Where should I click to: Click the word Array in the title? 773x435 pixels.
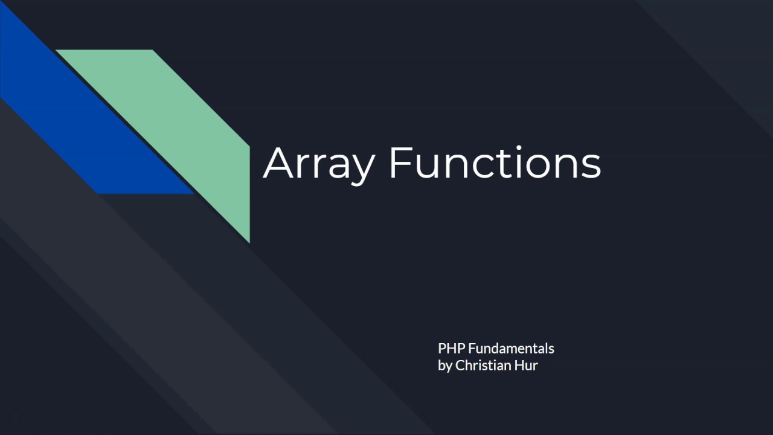pos(319,163)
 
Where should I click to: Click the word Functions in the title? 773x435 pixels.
pos(495,163)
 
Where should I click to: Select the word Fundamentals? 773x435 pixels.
pos(511,349)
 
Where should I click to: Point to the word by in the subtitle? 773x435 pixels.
pos(445,366)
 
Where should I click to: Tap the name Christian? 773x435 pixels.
pos(482,366)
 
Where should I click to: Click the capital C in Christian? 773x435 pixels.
pos(460,366)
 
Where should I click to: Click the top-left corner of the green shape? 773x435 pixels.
pos(57,51)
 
